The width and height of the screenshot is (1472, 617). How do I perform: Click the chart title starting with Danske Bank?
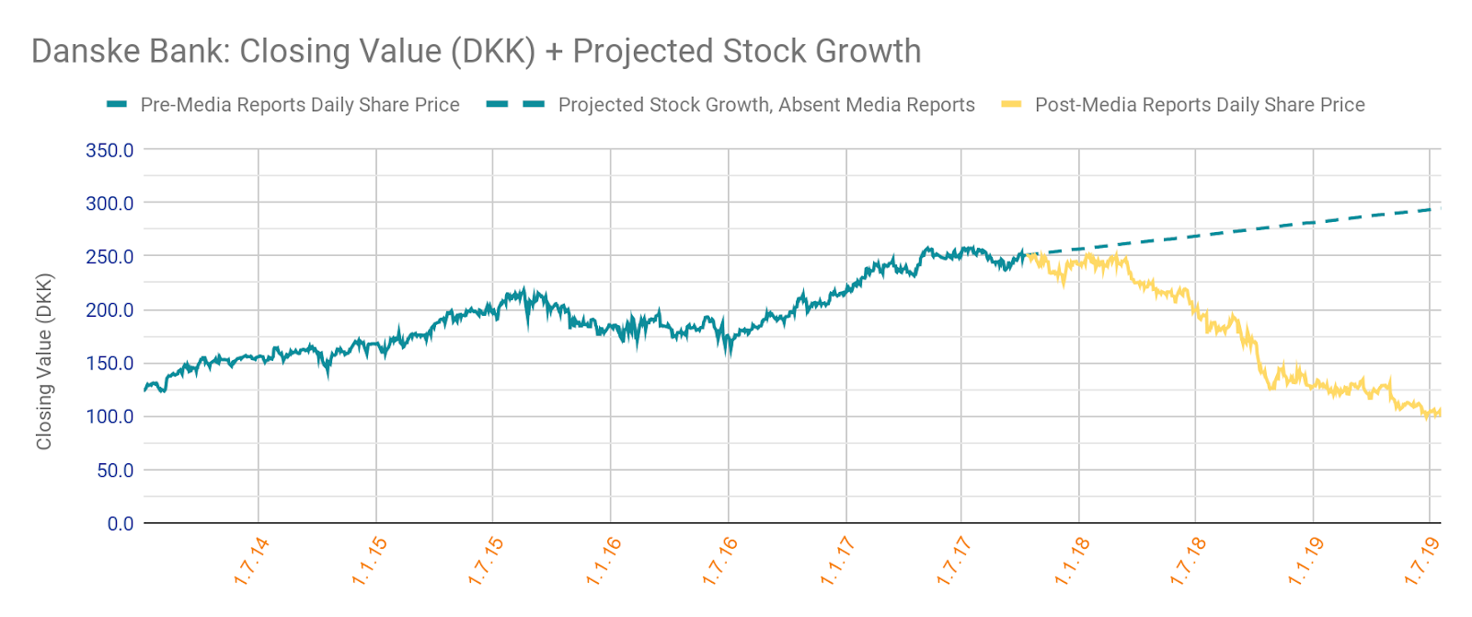(476, 52)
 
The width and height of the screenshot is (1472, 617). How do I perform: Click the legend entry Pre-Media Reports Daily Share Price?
(299, 105)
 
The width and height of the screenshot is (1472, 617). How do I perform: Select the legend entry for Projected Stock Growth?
(765, 105)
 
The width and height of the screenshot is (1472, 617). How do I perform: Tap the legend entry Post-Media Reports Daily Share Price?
(1199, 105)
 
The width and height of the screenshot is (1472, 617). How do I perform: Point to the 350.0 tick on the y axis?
(109, 150)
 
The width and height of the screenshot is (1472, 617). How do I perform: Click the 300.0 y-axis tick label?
(109, 204)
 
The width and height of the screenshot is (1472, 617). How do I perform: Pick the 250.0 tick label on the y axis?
(109, 257)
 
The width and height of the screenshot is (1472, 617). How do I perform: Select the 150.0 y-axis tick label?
(109, 364)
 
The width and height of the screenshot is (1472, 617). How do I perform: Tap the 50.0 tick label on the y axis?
(115, 471)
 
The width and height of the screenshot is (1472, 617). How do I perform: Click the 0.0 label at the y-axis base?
(121, 524)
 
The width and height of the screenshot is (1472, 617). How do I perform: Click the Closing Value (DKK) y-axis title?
(44, 361)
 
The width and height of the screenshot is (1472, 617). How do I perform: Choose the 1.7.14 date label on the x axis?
(251, 561)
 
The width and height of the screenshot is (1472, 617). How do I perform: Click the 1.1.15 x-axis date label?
(369, 561)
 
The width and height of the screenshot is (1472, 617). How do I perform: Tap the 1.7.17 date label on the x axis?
(954, 561)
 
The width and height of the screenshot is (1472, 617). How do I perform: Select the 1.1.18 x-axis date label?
(1072, 561)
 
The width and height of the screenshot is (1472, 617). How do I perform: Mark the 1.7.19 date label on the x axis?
(1421, 561)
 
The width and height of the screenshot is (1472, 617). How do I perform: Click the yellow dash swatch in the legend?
(1011, 105)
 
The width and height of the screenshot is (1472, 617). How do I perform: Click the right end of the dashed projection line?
(1438, 209)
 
